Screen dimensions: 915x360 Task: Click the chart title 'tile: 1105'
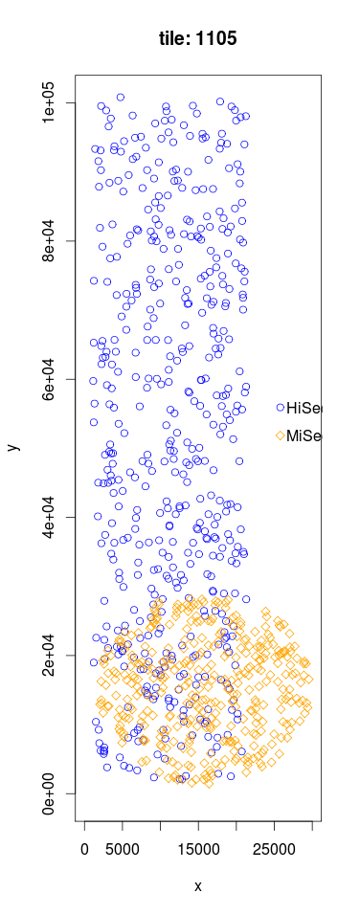pos(198,38)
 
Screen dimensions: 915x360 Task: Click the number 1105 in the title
pos(218,38)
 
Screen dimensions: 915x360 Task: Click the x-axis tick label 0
pos(85,847)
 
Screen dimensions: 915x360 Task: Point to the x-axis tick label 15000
pos(198,847)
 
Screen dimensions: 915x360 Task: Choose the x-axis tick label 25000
pos(274,847)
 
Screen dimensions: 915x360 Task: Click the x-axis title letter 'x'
pos(198,886)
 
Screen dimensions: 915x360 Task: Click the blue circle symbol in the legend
pos(281,409)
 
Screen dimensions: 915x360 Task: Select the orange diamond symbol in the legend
pos(281,436)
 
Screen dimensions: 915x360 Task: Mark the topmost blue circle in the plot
pos(121,97)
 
